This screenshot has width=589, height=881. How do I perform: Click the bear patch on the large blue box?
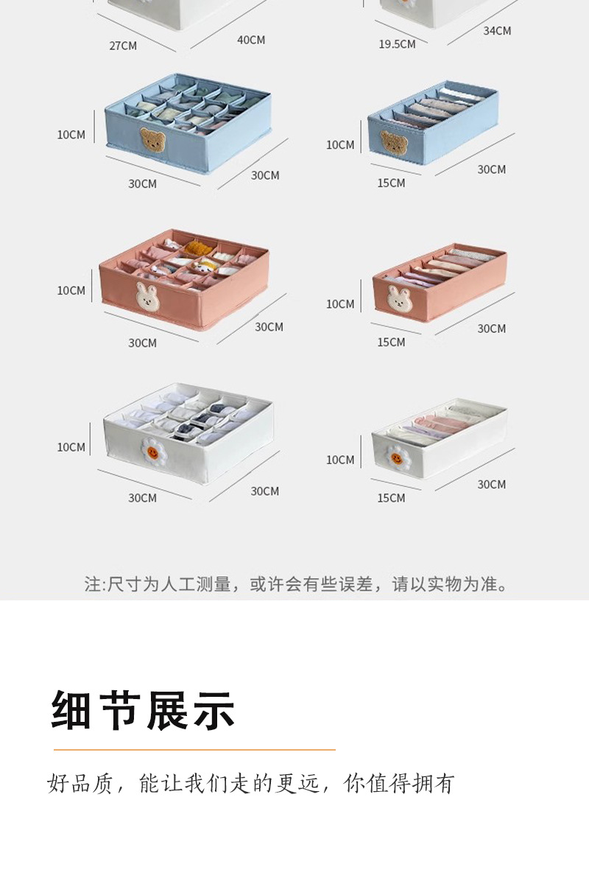[x=152, y=139]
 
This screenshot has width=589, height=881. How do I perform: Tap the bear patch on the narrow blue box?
[x=394, y=143]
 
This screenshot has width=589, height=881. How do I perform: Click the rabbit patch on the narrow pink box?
[x=401, y=298]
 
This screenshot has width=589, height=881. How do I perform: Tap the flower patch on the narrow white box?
[x=397, y=457]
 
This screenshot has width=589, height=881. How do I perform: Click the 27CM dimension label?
[x=123, y=46]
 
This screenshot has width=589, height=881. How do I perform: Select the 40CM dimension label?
[x=251, y=40]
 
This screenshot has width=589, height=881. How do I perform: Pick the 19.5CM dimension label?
[x=397, y=44]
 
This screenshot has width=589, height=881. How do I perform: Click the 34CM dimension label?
[x=497, y=31]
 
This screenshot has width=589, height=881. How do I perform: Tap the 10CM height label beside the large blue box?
[x=71, y=135]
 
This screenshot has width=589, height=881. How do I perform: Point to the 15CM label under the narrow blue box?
[x=391, y=183]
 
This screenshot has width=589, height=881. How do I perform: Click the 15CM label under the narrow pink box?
[x=391, y=342]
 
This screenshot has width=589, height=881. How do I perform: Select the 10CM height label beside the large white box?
[x=71, y=447]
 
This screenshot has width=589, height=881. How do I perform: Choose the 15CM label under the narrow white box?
[x=391, y=498]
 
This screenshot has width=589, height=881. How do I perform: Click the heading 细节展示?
[x=144, y=710]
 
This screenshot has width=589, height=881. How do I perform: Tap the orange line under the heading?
[x=194, y=750]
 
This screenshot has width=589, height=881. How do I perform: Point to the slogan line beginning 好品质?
[x=251, y=784]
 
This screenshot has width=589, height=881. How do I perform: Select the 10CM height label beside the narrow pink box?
[x=340, y=303]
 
